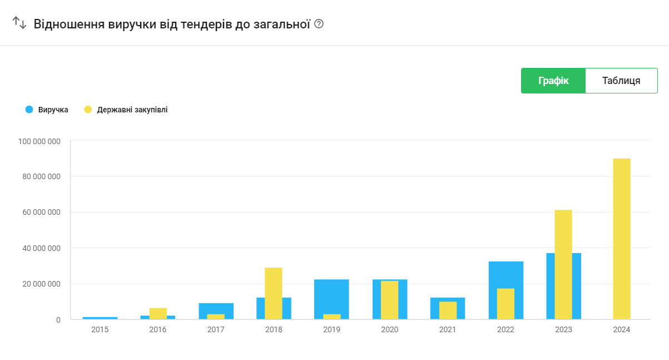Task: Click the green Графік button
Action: (553, 81)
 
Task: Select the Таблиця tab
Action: (621, 81)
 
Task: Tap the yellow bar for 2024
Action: (622, 239)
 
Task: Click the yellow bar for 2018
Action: (273, 293)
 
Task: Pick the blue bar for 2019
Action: (331, 296)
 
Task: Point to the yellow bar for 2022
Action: (506, 304)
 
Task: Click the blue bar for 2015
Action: (100, 318)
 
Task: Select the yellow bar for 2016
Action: (158, 313)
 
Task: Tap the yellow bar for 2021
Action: (448, 310)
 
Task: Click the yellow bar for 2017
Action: (216, 317)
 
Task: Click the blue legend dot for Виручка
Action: (29, 110)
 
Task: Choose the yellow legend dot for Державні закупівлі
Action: (88, 110)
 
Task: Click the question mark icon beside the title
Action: (319, 23)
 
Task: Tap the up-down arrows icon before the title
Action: (19, 23)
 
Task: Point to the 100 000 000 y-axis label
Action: (39, 141)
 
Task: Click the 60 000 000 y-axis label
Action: (41, 212)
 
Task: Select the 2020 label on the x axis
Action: (389, 329)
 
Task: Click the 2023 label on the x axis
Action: (563, 329)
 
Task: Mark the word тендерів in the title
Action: (206, 24)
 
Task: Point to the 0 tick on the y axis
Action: (58, 320)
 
